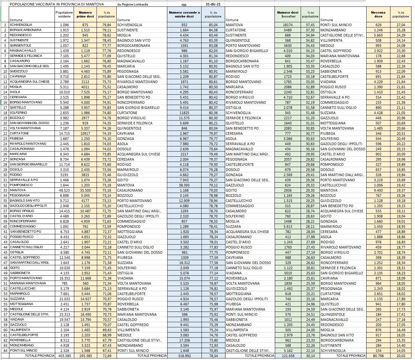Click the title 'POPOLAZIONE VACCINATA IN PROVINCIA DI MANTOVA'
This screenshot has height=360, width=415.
pyautogui.click(x=57, y=4)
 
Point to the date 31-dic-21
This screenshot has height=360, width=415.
pyautogui.click(x=213, y=4)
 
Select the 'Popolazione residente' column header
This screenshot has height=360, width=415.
pyautogui.click(x=64, y=14)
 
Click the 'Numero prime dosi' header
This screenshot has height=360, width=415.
pyautogui.click(x=86, y=14)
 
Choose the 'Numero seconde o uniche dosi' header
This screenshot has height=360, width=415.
pyautogui.click(x=184, y=14)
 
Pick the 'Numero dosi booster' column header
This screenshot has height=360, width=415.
pyautogui.click(x=287, y=14)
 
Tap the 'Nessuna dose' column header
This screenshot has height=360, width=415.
pyautogui.click(x=378, y=14)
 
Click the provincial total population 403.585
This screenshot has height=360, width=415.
pyautogui.click(x=64, y=356)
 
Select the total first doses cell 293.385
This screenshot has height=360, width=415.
pyautogui.click(x=86, y=356)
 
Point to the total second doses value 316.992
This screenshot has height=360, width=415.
pyautogui.click(x=184, y=356)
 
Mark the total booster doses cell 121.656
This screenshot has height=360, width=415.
pyautogui.click(x=287, y=356)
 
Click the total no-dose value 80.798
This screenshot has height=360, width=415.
pyautogui.click(x=378, y=356)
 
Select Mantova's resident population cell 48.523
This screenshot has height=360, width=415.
pyautogui.click(x=64, y=190)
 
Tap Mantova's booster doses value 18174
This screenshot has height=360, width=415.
pyautogui.click(x=287, y=25)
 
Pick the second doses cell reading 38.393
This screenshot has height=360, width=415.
pyautogui.click(x=184, y=185)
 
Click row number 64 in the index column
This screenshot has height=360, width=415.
pyautogui.click(x=5, y=351)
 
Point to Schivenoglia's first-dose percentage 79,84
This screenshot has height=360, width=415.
pyautogui.click(x=107, y=25)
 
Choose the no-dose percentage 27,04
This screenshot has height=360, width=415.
pyautogui.click(x=400, y=25)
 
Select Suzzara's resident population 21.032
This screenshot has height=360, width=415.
pyautogui.click(x=64, y=299)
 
